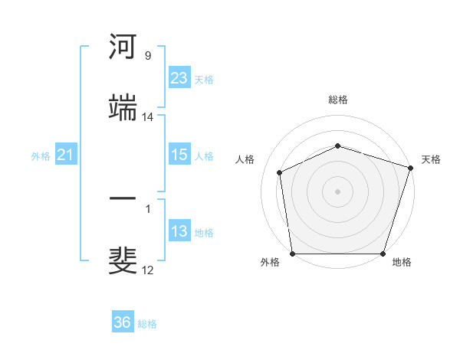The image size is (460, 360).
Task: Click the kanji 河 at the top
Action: (x=123, y=47)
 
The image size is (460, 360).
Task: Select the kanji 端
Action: (x=123, y=108)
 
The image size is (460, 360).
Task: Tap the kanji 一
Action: (x=123, y=201)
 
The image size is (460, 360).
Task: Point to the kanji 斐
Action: (x=123, y=261)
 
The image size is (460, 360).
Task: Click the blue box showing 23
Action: (x=179, y=78)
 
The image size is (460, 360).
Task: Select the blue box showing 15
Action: (x=179, y=155)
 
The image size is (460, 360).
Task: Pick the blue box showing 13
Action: (x=179, y=231)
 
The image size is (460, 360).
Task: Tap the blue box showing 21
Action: (x=66, y=155)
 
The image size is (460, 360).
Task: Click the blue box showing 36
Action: (x=123, y=322)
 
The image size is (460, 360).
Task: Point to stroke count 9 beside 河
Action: (x=148, y=56)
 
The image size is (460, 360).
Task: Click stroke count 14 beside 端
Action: (x=148, y=117)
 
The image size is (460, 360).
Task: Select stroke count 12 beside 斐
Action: (x=148, y=270)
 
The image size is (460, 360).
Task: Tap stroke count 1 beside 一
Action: (x=147, y=209)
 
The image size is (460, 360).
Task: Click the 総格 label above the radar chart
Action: (x=338, y=100)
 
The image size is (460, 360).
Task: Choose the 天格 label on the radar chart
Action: (x=431, y=159)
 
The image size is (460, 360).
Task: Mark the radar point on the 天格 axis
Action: (x=411, y=168)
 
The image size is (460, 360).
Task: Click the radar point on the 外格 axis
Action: (x=292, y=254)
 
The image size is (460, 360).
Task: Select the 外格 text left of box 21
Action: (x=41, y=155)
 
